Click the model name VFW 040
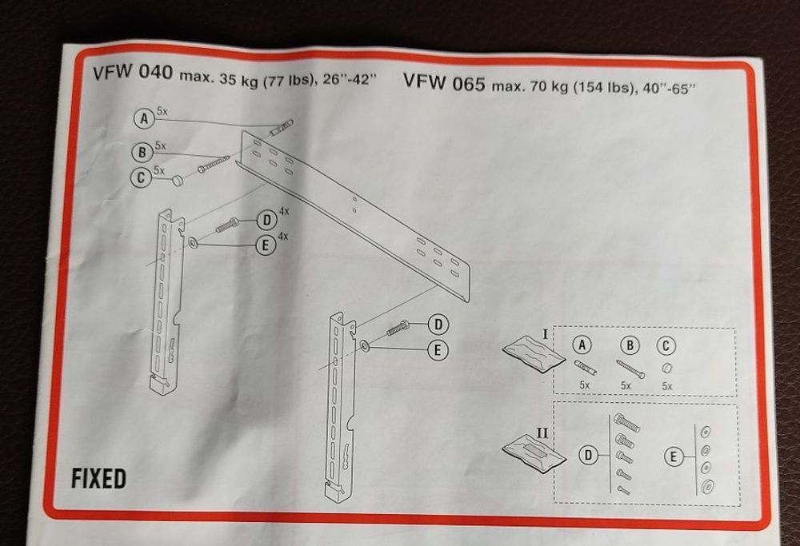(133, 73)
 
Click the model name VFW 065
(444, 82)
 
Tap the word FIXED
(98, 479)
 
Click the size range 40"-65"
(670, 89)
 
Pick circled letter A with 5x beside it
(144, 119)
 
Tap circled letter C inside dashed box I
(666, 346)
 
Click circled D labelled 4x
(266, 221)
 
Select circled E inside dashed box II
(673, 456)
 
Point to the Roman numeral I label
(545, 334)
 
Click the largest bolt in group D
(627, 422)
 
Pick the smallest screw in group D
(623, 490)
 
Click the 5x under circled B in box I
(626, 386)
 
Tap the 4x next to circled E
(283, 237)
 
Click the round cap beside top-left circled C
(177, 180)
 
